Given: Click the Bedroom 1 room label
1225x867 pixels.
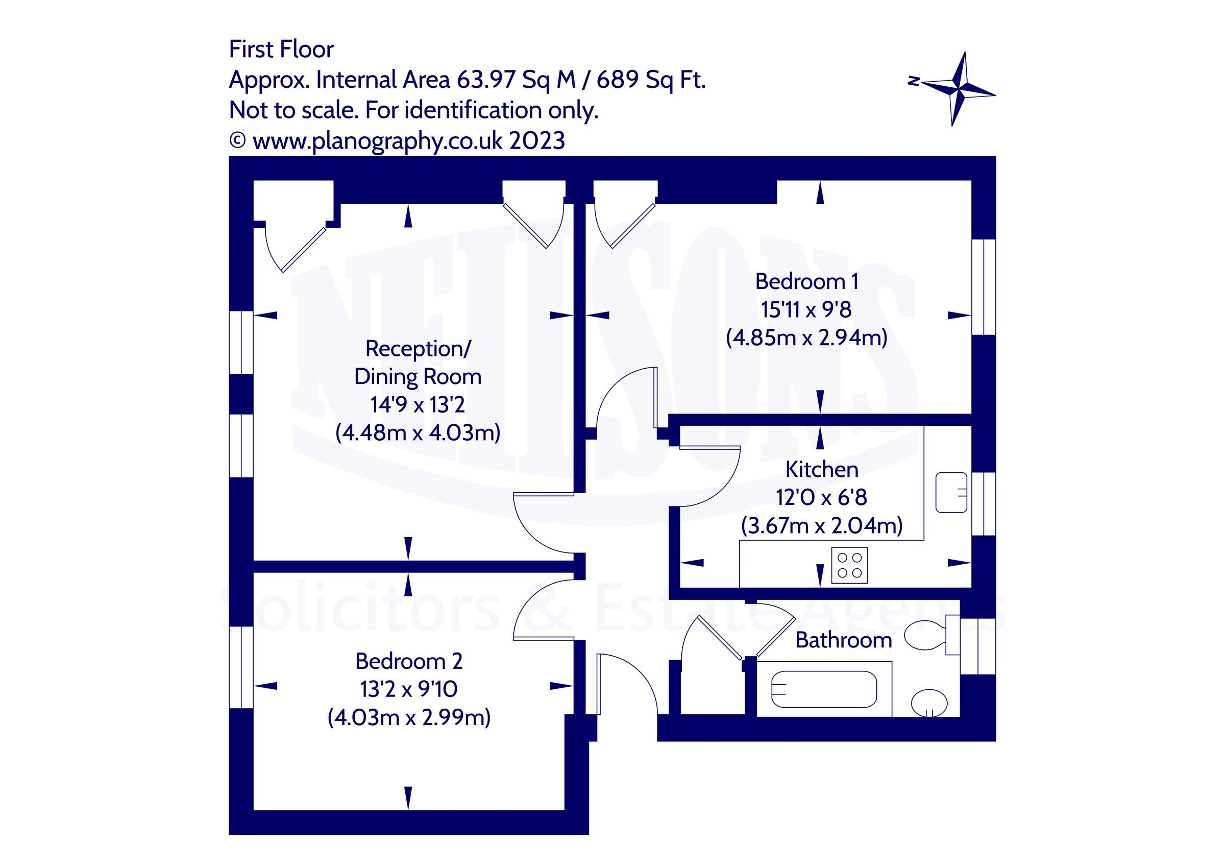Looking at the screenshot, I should (806, 281).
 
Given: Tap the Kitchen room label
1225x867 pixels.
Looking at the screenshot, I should (822, 469).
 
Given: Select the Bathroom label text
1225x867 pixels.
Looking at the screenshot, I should (843, 640).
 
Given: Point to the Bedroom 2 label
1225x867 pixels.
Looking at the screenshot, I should (409, 661).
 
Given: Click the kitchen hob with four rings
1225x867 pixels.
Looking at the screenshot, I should (849, 565).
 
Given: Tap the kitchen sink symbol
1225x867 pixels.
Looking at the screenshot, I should (951, 492).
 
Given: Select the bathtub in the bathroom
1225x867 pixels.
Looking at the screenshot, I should (824, 689).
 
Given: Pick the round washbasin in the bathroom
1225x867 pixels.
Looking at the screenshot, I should (929, 702).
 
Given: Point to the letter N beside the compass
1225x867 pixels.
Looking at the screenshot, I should (914, 81).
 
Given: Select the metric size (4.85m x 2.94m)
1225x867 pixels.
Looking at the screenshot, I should (806, 338).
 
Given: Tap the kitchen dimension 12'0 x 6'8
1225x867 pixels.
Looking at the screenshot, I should (822, 497).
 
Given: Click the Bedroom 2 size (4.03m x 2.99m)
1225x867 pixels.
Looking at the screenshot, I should (409, 717).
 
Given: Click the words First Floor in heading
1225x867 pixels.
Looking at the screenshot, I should (281, 49).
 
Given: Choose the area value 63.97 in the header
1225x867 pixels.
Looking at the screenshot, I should (486, 80).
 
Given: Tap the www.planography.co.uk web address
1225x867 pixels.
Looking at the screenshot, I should (377, 141).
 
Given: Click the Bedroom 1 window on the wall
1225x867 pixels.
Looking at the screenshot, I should (983, 287).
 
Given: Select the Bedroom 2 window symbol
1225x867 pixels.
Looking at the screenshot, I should (241, 667).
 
